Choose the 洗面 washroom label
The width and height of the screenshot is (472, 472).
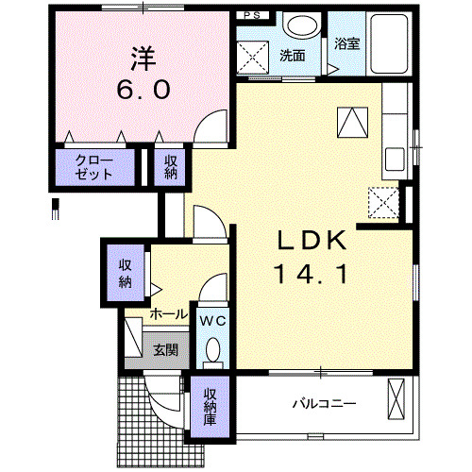(x=292, y=55)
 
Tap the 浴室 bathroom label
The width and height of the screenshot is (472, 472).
(x=346, y=43)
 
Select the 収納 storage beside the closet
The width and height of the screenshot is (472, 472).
(x=172, y=167)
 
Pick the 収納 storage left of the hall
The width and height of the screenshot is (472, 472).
(x=126, y=271)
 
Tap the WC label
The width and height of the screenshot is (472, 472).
(x=212, y=321)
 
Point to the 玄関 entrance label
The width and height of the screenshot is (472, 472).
(x=165, y=350)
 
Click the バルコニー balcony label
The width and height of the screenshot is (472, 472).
(x=323, y=404)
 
